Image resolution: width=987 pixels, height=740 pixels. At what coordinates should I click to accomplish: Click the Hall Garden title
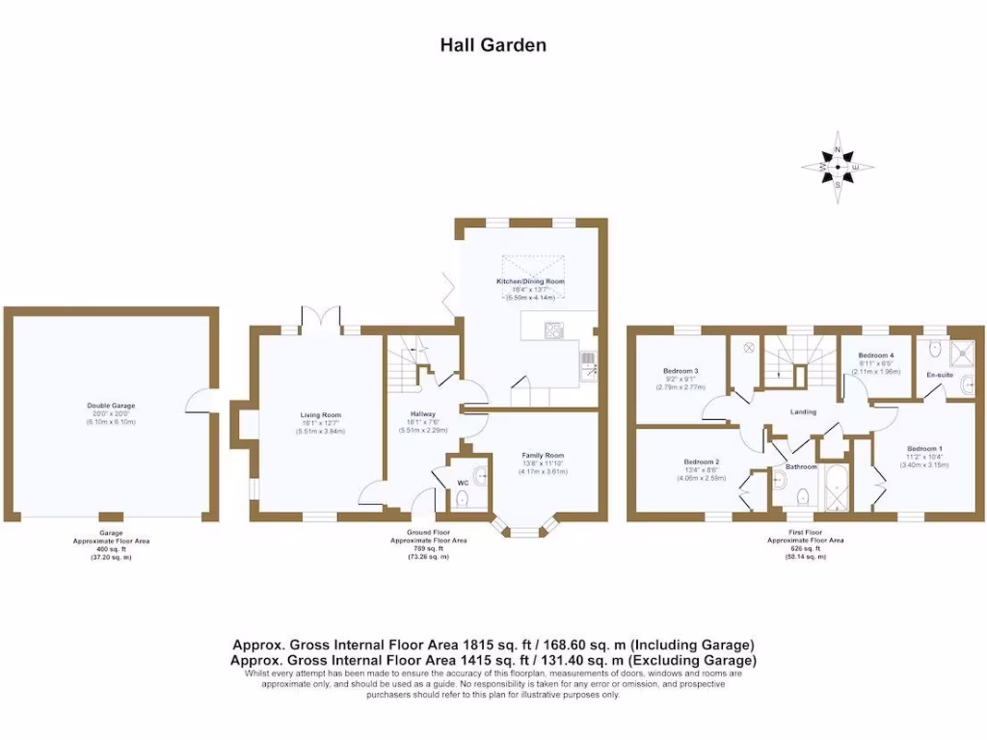493,44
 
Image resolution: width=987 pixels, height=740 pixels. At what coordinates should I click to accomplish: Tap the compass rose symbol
838,169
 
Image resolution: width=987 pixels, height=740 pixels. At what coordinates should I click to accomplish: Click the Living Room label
319,415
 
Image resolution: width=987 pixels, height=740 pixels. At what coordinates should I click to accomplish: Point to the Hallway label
424,415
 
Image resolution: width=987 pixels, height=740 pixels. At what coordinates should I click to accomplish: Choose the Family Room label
543,455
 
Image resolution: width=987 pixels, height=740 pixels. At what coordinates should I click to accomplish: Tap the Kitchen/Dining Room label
530,281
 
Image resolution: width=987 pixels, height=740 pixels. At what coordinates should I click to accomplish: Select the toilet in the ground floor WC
462,498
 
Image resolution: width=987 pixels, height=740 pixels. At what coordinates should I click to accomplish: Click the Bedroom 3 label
680,371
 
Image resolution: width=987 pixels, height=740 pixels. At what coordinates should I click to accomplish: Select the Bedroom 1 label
925,449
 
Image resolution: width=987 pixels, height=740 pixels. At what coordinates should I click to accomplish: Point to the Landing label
803,411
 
